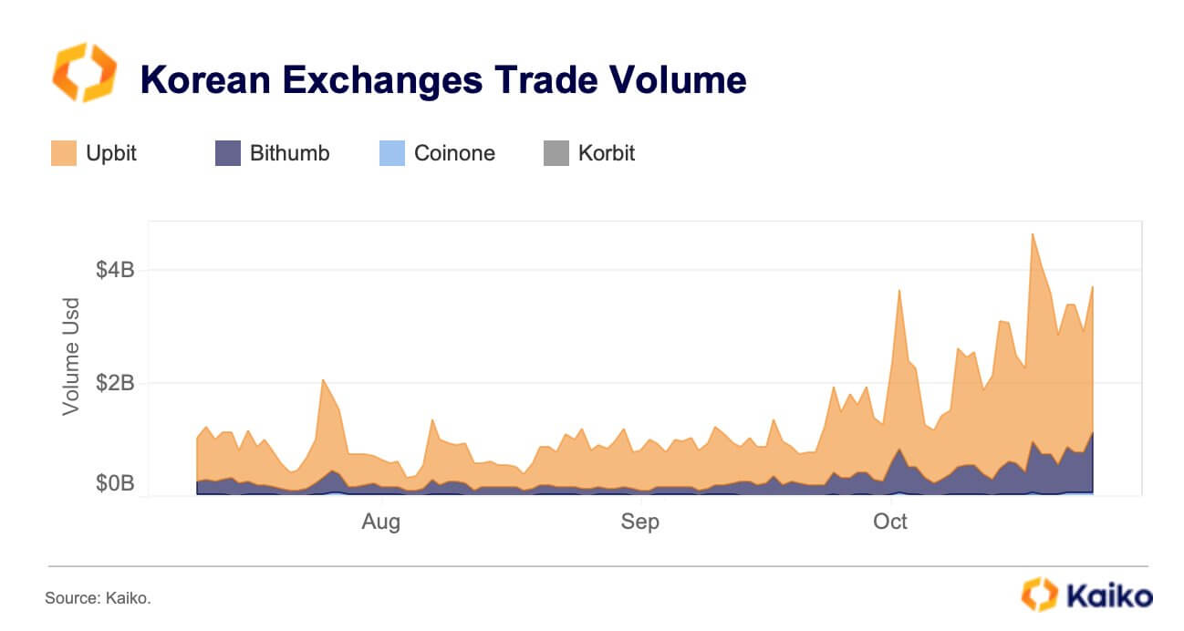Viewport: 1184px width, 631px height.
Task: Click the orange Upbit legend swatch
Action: [64, 153]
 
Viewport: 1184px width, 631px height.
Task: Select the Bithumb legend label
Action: [289, 153]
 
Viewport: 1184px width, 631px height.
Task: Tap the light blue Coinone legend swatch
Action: [391, 153]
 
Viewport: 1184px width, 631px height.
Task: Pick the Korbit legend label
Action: [607, 153]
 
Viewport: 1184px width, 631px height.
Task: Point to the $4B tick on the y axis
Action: [115, 270]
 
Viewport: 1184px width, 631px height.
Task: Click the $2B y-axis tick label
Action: [115, 383]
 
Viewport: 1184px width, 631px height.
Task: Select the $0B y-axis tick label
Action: [115, 483]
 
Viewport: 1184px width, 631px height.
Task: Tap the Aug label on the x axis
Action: [380, 522]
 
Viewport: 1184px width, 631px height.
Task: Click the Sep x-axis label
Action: [639, 522]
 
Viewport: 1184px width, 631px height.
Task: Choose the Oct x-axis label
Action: [890, 522]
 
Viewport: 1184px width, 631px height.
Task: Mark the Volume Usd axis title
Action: [71, 356]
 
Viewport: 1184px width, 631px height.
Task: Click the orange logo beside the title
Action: [84, 72]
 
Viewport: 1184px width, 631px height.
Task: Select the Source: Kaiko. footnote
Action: [98, 598]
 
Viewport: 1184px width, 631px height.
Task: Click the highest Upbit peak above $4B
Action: [1032, 234]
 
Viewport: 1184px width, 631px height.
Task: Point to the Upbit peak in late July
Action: [323, 380]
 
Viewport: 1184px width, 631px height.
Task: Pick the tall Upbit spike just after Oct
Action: [899, 291]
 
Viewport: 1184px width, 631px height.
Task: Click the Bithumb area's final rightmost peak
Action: [1092, 433]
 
